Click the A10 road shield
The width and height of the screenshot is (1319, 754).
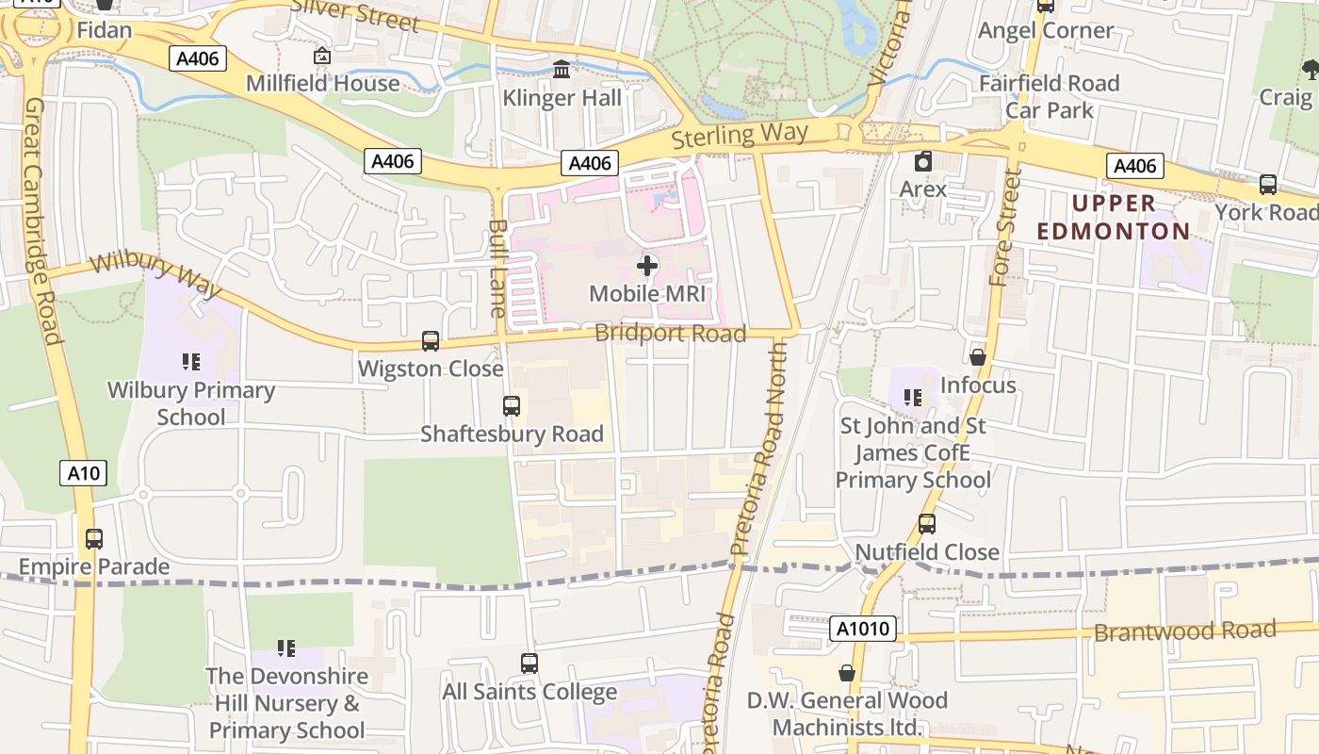pos(83,473)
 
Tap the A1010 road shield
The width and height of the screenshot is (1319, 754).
pos(864,629)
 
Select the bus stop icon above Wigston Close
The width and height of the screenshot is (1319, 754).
pos(431,341)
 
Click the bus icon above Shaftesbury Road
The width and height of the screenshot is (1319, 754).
pos(512,406)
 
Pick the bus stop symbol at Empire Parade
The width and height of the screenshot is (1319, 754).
pos(94,539)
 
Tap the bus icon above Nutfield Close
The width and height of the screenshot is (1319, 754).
pos(927,524)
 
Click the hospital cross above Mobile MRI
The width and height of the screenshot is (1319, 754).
pos(647,266)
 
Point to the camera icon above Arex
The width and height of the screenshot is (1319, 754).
pos(923,161)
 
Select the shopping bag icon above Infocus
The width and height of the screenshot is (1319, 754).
pos(978,357)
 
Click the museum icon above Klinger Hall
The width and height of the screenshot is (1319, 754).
pos(562,69)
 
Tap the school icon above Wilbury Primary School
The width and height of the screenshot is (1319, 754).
pos(191,362)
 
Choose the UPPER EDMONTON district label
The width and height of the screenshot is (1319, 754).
pos(1114,218)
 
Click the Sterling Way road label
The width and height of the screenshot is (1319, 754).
pos(740,135)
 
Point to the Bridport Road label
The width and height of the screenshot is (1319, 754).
pos(670,333)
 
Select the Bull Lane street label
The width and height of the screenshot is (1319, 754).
pos(498,268)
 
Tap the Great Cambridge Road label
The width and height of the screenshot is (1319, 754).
pos(42,221)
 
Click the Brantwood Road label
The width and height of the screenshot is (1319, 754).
pos(1184,631)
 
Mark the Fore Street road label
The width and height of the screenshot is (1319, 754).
pos(1005,228)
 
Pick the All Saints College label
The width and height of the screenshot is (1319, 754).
pos(529,692)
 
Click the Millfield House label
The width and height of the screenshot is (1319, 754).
pos(322,83)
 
